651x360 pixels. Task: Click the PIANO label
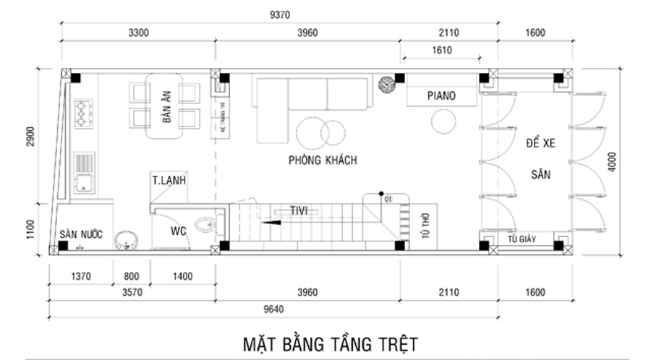point(441,95)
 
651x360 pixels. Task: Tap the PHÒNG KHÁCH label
point(322,160)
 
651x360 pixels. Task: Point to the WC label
point(179,231)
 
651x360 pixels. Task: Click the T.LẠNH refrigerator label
point(168,179)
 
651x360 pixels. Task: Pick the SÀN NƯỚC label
point(81,235)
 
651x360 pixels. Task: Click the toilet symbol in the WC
point(207,224)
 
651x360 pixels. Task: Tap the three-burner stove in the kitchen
point(85,111)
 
